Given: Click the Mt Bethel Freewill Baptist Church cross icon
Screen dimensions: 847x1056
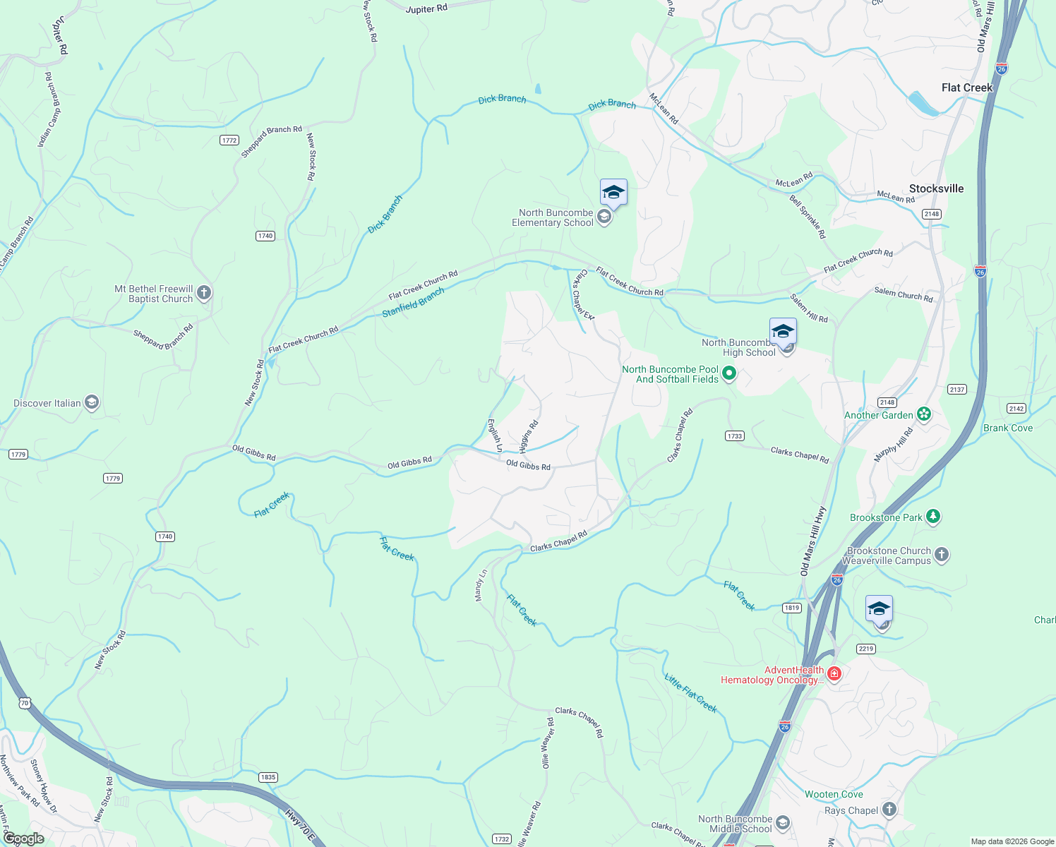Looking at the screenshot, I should pos(204,293).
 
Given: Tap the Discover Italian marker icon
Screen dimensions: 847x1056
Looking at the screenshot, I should pos(92,403).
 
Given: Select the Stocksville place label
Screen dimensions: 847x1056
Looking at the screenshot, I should pos(936,188).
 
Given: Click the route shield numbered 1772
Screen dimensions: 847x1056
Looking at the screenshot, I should pos(229,140).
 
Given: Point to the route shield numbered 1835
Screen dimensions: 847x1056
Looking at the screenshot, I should pos(268,777).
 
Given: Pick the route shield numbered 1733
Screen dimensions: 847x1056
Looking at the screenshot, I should pos(735,435).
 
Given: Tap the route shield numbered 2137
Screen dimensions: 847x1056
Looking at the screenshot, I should pos(957,390).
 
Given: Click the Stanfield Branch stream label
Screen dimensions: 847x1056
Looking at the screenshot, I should pos(414,302).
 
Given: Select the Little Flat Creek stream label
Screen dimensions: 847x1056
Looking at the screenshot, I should pos(690,692).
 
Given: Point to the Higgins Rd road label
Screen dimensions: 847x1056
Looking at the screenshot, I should pos(529,436).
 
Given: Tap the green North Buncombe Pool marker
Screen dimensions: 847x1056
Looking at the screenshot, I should pos(729,373).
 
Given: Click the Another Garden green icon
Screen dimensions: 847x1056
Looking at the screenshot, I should pos(924,414).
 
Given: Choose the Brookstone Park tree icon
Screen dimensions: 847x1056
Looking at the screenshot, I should pos(933,517).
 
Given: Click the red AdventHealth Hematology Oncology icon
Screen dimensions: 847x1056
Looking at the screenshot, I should pos(834,674).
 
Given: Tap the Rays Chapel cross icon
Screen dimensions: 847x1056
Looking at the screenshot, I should pos(889,810).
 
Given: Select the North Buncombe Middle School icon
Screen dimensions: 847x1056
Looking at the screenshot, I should pos(783,823).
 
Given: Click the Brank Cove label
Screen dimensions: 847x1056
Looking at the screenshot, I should pos(1007,428).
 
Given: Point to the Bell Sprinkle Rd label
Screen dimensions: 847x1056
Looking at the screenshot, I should pos(808,217).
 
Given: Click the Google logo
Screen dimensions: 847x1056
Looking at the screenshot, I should pos(23,839).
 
